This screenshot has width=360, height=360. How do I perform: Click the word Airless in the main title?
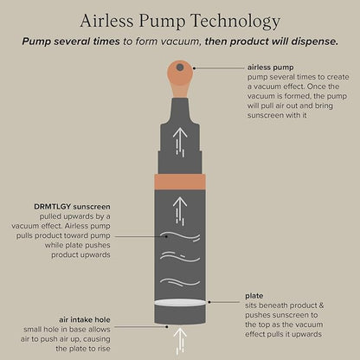pos(106,21)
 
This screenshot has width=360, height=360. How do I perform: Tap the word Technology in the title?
pos(235,22)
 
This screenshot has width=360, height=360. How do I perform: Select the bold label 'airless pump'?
pos(271,67)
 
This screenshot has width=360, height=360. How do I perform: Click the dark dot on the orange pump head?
pos(180,67)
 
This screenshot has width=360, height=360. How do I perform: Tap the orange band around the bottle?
pos(180,182)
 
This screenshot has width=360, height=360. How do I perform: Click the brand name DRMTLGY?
pos(53,207)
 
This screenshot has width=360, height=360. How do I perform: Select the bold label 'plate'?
pos(254,296)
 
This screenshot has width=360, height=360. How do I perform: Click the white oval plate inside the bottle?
pos(180,302)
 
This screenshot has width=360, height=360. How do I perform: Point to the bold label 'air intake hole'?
pos(85,319)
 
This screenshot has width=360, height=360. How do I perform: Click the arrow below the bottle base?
pos(180,341)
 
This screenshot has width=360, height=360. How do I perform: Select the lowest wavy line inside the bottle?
pos(180,282)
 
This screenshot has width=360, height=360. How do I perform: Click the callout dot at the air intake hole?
pos(167,327)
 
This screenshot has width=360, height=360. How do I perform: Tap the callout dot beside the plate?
pos(209,302)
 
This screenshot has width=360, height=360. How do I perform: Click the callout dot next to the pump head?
pos(195,68)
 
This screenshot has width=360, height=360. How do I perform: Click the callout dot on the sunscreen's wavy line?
pos(166,236)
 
